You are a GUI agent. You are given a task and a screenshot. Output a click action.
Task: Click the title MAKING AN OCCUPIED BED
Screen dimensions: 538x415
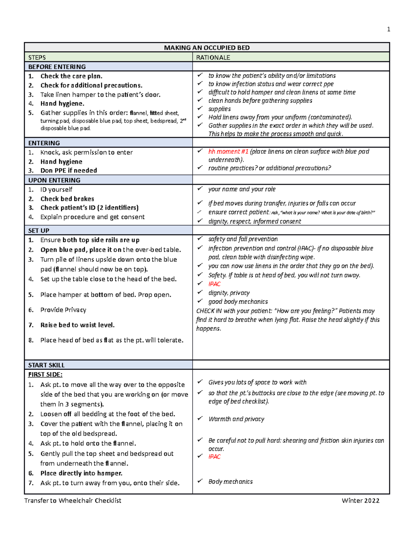pyautogui.click(x=206, y=48)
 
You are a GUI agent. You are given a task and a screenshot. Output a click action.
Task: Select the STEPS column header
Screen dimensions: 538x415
pyautogui.click(x=37, y=58)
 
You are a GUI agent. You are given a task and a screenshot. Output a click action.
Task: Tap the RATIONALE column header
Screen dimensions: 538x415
pyautogui.click(x=213, y=58)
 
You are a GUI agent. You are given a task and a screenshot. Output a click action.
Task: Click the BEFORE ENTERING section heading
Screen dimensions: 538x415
pyautogui.click(x=57, y=67)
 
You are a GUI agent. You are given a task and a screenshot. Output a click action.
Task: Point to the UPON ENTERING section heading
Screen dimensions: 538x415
pyautogui.click(x=54, y=180)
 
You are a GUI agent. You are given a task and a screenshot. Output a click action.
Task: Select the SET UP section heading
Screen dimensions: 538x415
pyautogui.click(x=39, y=231)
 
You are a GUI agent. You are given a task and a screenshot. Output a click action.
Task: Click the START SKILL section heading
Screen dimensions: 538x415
pyautogui.click(x=46, y=365)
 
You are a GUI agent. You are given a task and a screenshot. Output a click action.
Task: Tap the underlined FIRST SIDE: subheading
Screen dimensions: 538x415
pyautogui.click(x=45, y=374)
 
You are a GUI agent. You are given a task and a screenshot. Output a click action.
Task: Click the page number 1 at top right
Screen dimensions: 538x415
pyautogui.click(x=388, y=29)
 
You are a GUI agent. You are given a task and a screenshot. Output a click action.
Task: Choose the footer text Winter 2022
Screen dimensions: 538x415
pyautogui.click(x=360, y=501)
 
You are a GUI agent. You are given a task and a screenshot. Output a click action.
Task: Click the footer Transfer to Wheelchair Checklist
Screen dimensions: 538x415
pyautogui.click(x=73, y=501)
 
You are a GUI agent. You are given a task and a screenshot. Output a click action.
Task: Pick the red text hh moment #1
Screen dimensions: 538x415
pyautogui.click(x=228, y=152)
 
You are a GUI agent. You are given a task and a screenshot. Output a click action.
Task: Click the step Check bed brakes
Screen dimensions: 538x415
pyautogui.click(x=67, y=199)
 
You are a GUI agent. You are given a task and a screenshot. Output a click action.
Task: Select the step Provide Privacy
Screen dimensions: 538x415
pyautogui.click(x=63, y=310)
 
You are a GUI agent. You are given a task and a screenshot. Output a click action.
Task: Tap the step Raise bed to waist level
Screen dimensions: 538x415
pyautogui.click(x=77, y=325)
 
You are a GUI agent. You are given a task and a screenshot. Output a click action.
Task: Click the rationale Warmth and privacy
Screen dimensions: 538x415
pyautogui.click(x=236, y=419)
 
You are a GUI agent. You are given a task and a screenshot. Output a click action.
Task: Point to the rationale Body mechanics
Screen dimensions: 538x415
pyautogui.click(x=230, y=482)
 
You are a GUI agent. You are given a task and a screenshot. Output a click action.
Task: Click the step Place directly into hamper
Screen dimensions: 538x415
pyautogui.click(x=81, y=473)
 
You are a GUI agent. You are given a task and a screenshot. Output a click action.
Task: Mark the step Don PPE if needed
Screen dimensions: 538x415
pyautogui.click(x=68, y=170)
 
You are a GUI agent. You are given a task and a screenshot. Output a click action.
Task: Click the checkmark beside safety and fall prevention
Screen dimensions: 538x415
pyautogui.click(x=200, y=239)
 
